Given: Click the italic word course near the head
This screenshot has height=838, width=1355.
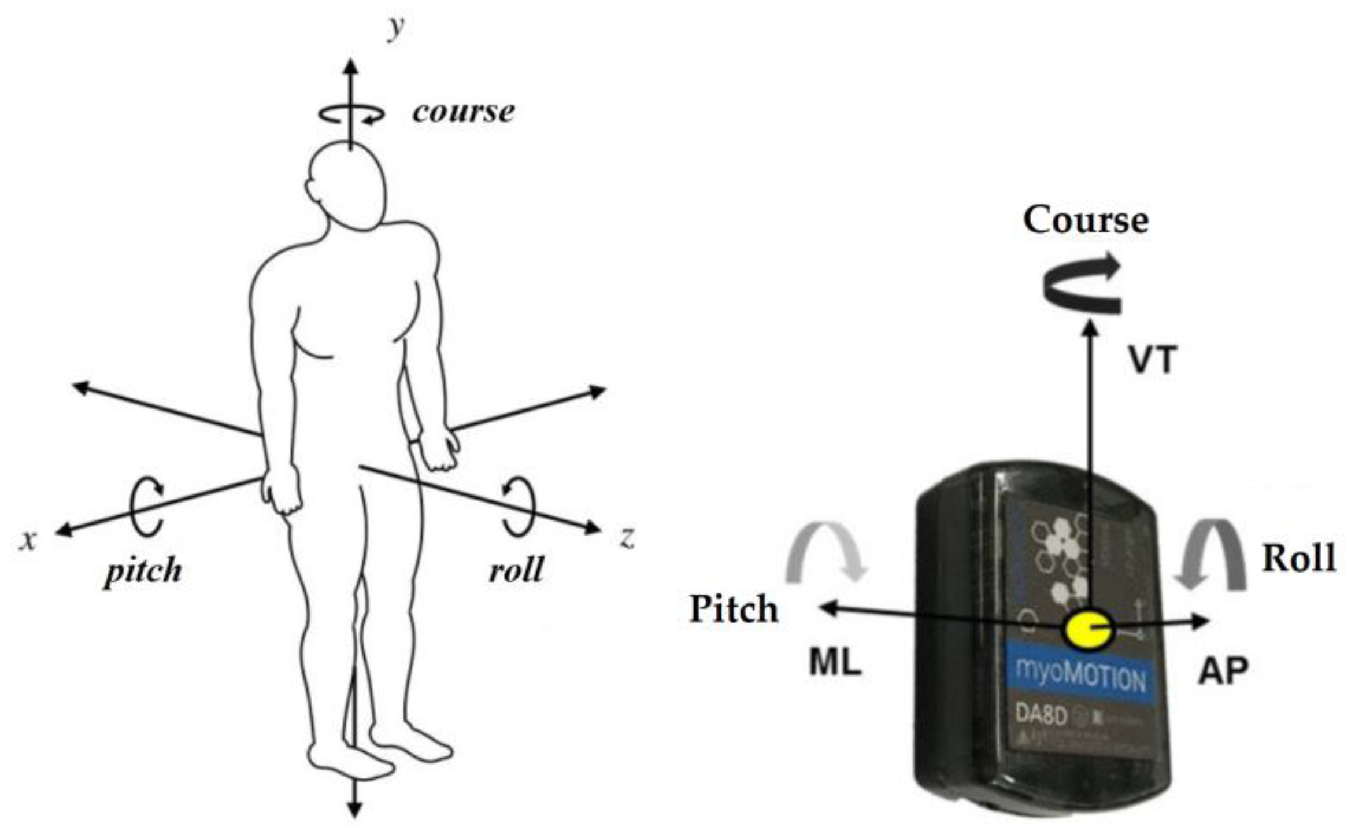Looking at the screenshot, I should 463,111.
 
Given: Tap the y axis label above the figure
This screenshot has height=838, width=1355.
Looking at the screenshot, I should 395,28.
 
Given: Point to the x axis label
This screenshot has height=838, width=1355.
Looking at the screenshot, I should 27,540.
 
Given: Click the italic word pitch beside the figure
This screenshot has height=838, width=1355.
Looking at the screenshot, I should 143,572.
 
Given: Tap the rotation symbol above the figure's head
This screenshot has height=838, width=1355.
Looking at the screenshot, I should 351,114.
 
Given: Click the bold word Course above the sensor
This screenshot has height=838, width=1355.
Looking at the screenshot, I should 1086,220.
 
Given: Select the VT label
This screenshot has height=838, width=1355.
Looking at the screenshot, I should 1153,360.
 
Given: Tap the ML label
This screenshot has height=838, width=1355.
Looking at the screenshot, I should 835,664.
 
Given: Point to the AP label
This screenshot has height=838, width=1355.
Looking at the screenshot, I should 1223,671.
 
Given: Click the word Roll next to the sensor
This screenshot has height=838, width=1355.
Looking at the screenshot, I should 1298,559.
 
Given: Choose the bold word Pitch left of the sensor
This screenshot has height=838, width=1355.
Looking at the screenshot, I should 734,609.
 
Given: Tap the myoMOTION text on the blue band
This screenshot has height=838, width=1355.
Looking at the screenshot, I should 1080,678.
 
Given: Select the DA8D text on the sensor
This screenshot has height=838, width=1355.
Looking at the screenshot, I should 1041,715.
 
